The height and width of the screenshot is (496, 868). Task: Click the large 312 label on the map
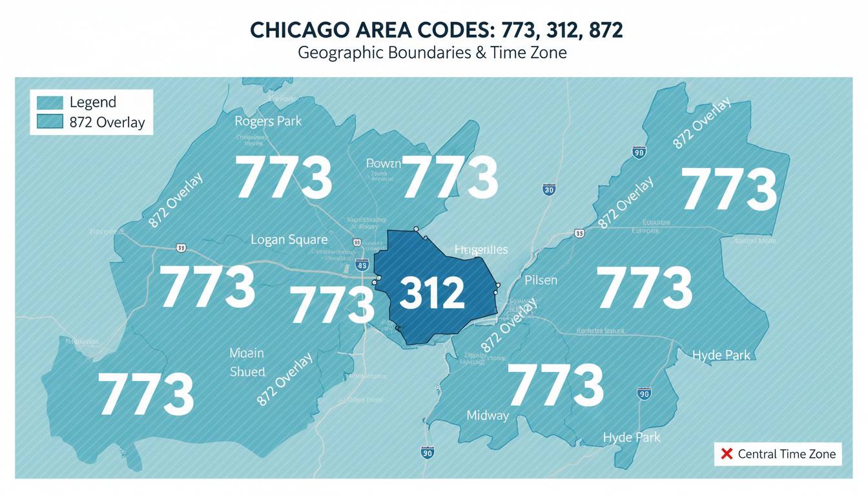(432, 293)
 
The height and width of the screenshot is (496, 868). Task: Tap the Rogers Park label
(267, 121)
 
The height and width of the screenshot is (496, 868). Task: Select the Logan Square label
(289, 240)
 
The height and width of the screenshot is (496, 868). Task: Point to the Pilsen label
(541, 280)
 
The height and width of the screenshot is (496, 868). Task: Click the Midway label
(487, 415)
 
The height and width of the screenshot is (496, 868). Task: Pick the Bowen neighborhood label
(384, 163)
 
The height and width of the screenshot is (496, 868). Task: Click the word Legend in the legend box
(92, 102)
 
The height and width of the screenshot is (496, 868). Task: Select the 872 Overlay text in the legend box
(107, 122)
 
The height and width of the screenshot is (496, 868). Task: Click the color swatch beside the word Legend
(50, 102)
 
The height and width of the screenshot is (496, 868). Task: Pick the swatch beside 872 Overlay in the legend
(50, 122)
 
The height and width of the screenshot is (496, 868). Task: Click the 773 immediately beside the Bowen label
(450, 177)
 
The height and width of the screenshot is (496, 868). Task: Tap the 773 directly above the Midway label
(555, 386)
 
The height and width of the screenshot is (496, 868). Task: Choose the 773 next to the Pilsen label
(644, 289)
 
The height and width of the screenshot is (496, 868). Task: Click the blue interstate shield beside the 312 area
(362, 264)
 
